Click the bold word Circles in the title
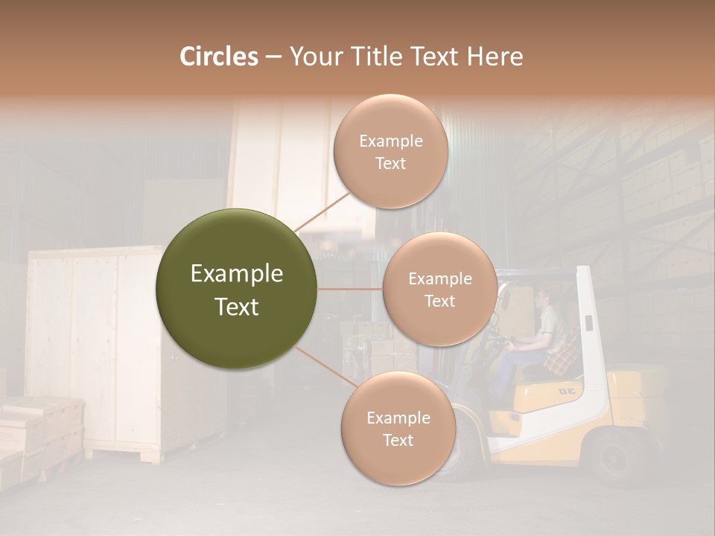[218, 57]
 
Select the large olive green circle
[237, 289]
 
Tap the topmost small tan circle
[390, 151]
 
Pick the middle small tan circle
[439, 289]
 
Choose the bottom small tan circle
[398, 428]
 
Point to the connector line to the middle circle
[350, 289]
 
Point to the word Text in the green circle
[237, 307]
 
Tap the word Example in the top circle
[390, 141]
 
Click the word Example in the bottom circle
[398, 418]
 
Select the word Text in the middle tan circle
[439, 301]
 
